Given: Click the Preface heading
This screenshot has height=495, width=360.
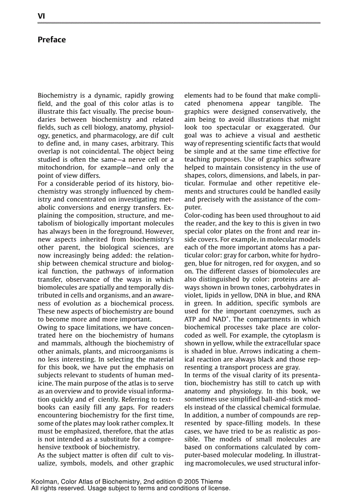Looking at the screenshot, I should pos(52,40).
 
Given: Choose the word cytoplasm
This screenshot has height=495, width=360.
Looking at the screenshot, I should pos(291,335).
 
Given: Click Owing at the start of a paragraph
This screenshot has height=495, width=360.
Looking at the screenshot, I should pos(48,328).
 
